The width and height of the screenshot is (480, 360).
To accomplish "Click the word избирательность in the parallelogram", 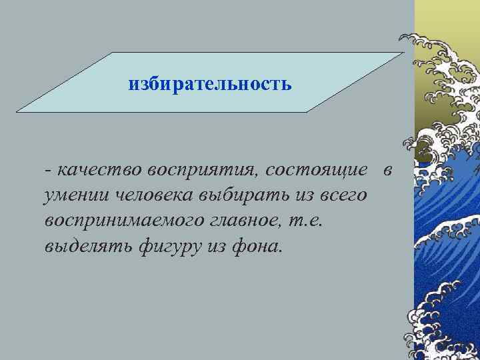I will [210, 85].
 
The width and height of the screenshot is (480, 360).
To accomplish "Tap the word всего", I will [344, 195].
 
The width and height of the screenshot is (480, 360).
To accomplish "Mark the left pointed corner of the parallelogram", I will [17, 111].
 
